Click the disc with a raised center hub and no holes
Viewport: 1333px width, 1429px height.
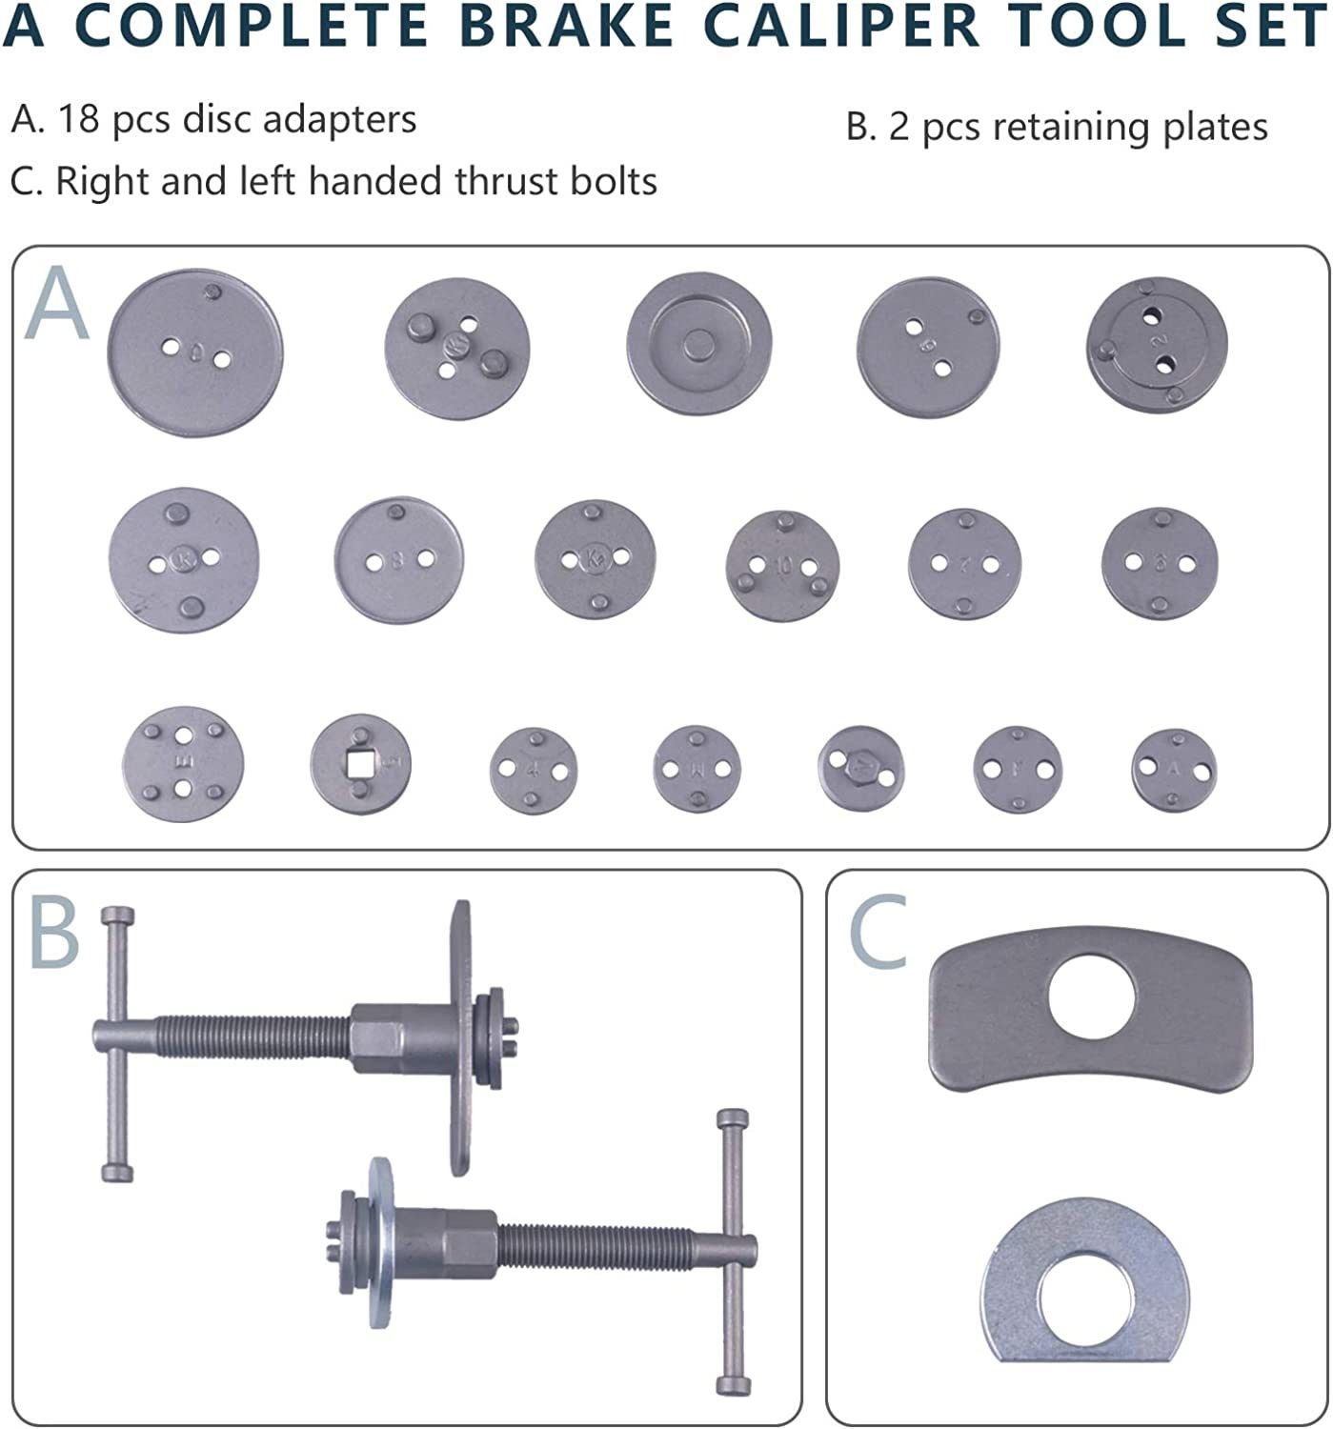point(697,343)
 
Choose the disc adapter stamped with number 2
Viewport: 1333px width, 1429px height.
point(1157,344)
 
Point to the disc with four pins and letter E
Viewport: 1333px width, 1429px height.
point(183,763)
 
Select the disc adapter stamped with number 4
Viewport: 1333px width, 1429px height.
point(533,770)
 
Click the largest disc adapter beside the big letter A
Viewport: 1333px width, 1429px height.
point(195,353)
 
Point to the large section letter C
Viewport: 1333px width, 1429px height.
point(878,936)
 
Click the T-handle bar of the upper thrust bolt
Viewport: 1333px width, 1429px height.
point(117,1043)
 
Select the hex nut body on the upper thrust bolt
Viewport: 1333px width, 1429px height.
point(398,1036)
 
